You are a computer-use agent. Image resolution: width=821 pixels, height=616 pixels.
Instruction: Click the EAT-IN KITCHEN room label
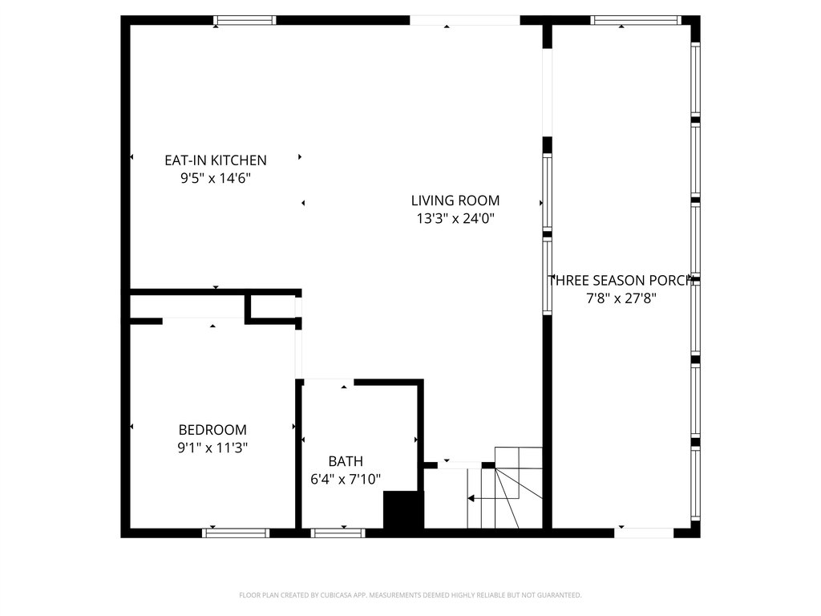(215, 160)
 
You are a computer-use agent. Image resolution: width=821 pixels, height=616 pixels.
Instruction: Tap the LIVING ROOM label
(455, 201)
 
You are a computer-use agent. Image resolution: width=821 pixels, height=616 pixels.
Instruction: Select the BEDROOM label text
(212, 430)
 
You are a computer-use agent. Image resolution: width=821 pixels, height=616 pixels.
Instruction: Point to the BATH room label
(346, 461)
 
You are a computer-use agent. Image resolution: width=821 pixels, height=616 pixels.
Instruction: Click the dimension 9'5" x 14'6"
(215, 179)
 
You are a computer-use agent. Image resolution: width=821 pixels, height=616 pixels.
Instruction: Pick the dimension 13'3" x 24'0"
(455, 219)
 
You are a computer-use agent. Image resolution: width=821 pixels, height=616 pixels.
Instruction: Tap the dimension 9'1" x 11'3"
(212, 448)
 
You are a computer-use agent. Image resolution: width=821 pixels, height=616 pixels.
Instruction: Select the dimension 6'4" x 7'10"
(346, 480)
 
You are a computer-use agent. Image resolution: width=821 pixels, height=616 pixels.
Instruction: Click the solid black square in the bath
(402, 510)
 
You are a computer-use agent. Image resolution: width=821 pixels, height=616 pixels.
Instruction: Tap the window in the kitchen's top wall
(245, 20)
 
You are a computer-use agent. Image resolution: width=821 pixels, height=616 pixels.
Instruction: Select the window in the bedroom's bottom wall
(236, 532)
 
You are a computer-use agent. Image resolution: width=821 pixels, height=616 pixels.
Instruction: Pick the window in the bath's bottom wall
(338, 532)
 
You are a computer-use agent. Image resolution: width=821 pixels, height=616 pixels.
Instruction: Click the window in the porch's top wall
(636, 20)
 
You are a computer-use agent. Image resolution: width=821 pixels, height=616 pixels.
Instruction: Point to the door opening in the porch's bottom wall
(645, 532)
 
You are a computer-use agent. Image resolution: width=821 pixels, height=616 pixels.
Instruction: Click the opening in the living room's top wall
(465, 20)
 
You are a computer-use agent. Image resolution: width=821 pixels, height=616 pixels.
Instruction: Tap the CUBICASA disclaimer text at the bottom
(410, 595)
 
